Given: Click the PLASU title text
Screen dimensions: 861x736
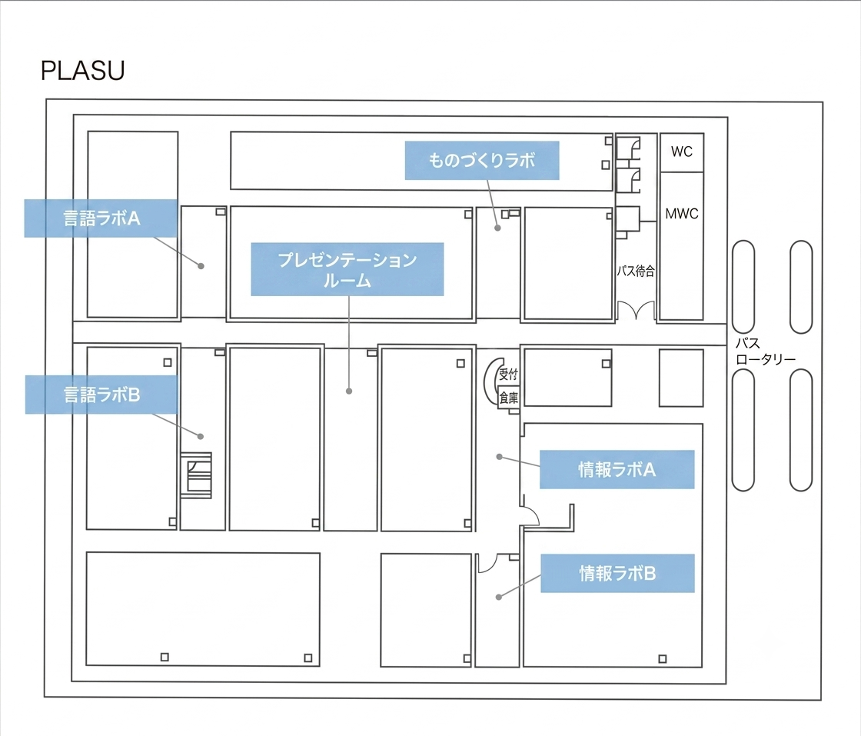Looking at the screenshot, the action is (x=83, y=70).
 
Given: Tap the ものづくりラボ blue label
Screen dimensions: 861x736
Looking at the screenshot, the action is (x=482, y=161).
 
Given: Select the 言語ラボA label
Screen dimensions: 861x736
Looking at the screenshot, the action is (x=101, y=218).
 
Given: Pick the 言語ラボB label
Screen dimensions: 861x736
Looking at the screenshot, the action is (x=101, y=395).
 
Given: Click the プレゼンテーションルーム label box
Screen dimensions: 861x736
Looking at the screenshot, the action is (x=347, y=269).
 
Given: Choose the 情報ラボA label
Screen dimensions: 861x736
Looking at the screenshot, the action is (x=617, y=470).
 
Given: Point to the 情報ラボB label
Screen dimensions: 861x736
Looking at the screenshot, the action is (x=617, y=574).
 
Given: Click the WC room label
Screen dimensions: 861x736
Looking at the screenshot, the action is (x=681, y=152).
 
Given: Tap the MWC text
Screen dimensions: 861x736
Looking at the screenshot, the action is (x=681, y=214).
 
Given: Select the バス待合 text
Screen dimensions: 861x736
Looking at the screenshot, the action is (x=635, y=271).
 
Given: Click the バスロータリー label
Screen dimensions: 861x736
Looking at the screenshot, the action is (x=765, y=351).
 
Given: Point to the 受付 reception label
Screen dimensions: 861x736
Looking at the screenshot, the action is (x=508, y=375).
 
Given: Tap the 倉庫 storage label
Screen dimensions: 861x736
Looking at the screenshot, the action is (x=508, y=398).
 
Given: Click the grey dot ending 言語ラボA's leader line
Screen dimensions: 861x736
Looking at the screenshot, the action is (x=201, y=266).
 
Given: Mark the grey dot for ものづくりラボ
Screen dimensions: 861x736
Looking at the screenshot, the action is (x=497, y=228).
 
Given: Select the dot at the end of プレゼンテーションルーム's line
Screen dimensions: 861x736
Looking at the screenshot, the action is (x=349, y=391).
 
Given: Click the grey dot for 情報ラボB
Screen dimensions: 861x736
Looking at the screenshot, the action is (x=499, y=597).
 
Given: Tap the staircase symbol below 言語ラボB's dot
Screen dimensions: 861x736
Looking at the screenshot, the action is (x=197, y=475).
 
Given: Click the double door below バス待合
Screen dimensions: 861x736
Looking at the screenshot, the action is (x=636, y=310).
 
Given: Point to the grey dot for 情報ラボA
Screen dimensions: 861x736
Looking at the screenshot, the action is (x=499, y=456).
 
